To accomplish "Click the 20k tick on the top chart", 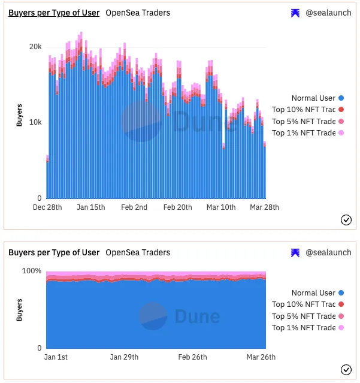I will [x=36, y=47].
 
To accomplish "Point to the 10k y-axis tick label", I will [x=36, y=122].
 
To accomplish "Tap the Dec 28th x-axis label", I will [x=47, y=207].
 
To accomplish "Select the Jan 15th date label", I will [x=91, y=207].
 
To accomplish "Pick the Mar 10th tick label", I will [x=221, y=207].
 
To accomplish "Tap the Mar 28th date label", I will [x=265, y=207].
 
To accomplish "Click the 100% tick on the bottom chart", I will [x=32, y=271].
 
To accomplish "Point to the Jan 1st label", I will [x=56, y=357].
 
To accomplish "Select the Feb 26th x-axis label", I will [x=193, y=357].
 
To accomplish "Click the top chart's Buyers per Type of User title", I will [x=54, y=13].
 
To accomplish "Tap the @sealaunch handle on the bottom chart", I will [x=329, y=252].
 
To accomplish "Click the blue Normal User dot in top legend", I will [x=341, y=98].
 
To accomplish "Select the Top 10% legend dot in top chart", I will [x=341, y=109].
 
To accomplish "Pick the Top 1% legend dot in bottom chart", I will [x=341, y=328].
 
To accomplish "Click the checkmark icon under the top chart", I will [x=346, y=220].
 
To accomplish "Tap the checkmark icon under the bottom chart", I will [x=346, y=369].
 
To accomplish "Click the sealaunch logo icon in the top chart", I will [x=295, y=13].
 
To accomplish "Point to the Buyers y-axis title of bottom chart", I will [x=19, y=309].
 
